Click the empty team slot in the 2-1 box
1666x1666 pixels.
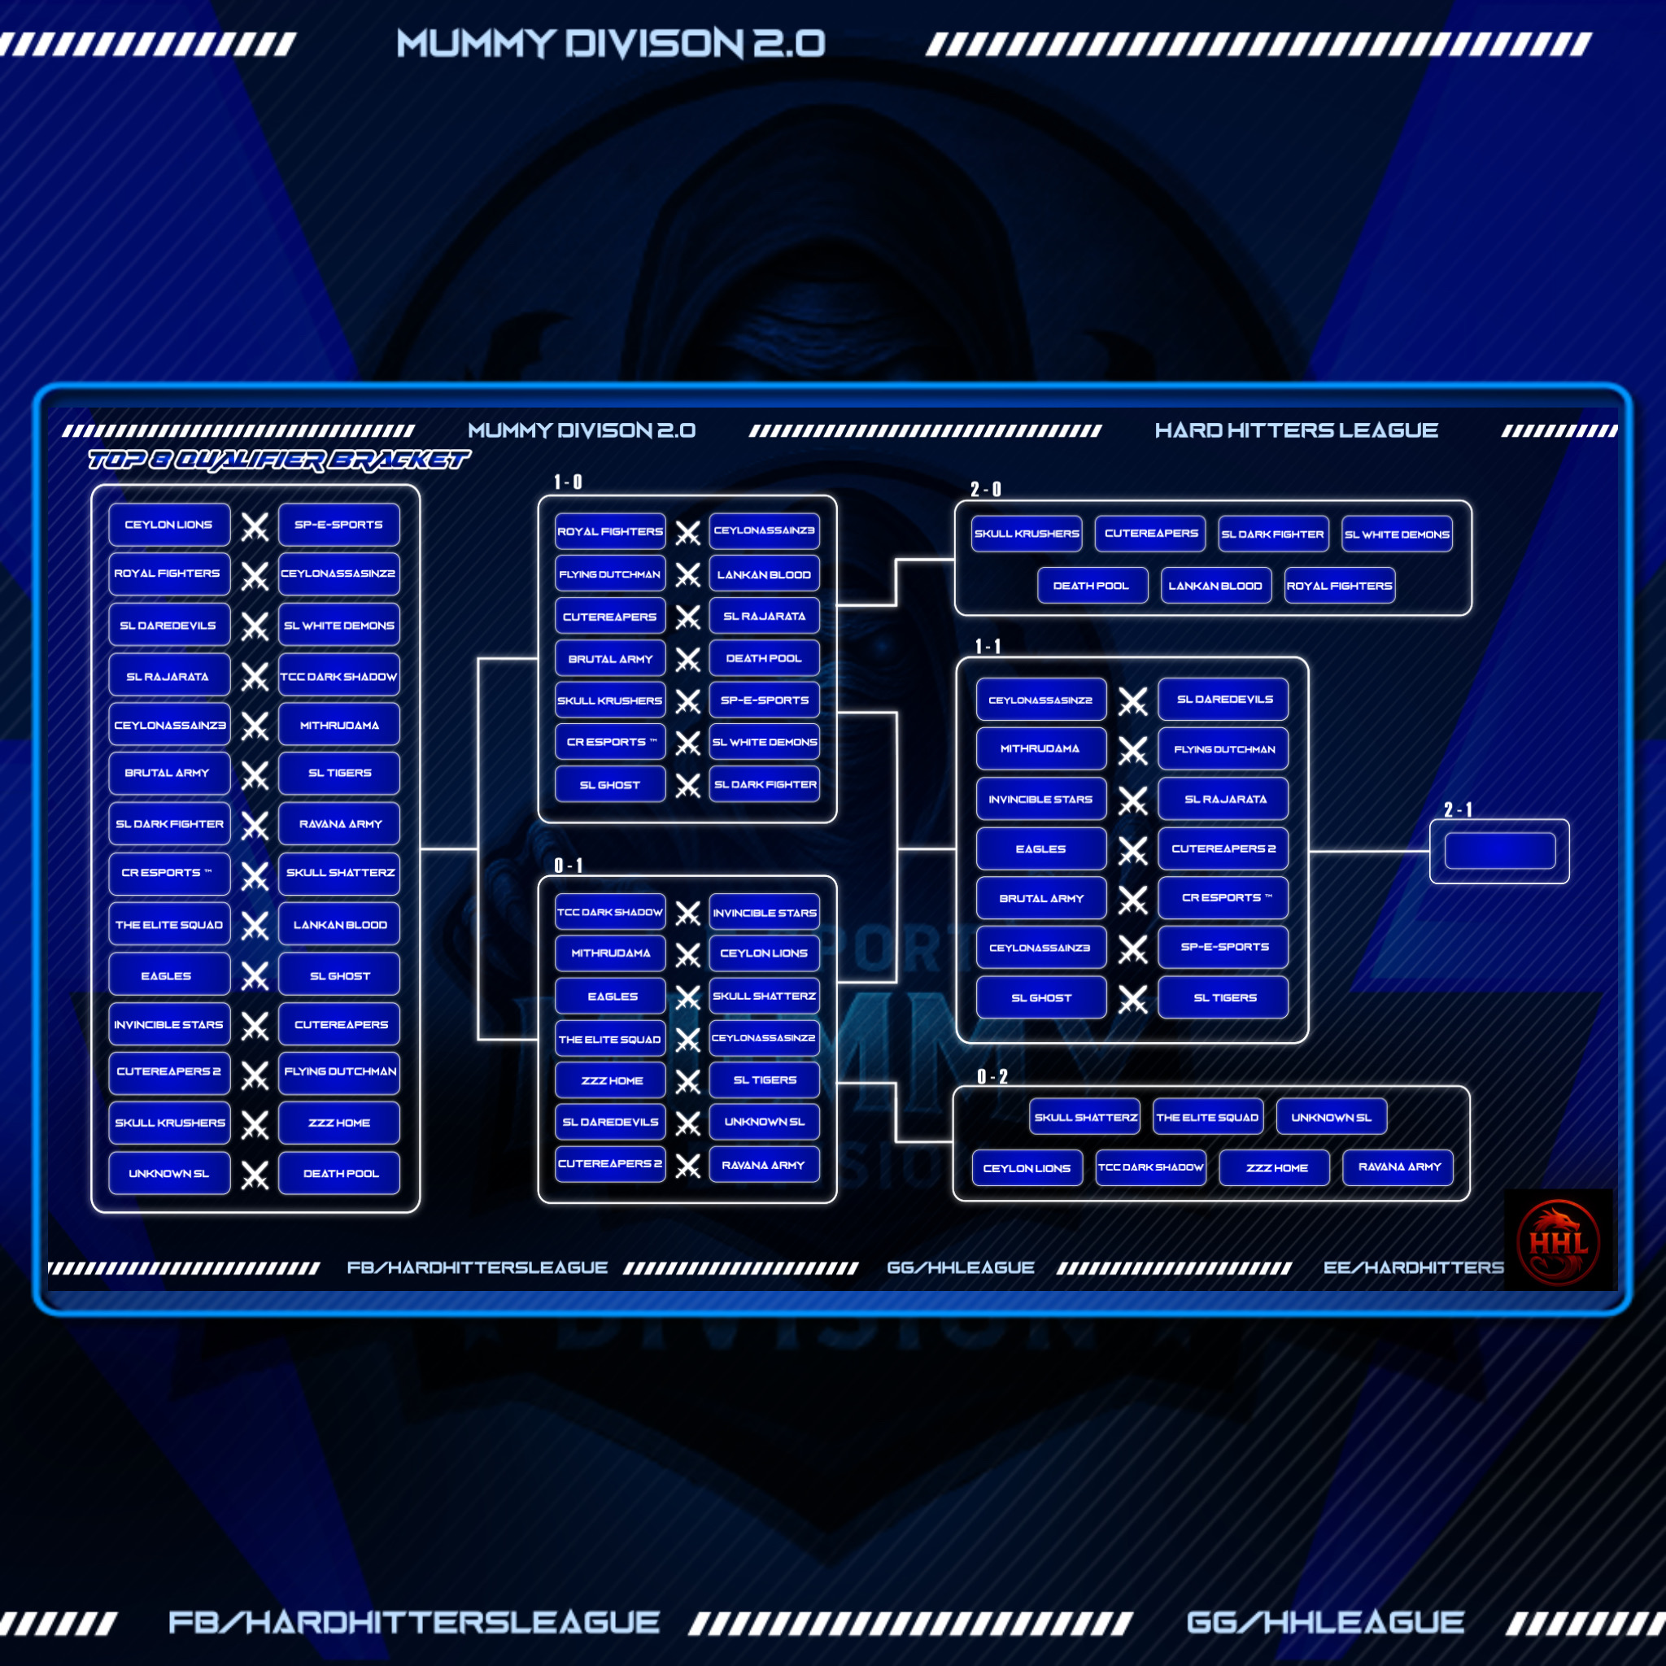[1498, 851]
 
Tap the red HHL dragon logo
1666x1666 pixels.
[1557, 1241]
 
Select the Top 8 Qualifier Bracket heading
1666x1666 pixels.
[278, 460]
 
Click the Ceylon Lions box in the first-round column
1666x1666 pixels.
[169, 525]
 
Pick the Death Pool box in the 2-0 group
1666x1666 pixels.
[1092, 586]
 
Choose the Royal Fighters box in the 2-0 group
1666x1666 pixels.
[1339, 586]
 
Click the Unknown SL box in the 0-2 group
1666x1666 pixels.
[1331, 1117]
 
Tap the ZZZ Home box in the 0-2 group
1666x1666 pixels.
[1276, 1167]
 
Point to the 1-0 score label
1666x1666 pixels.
[568, 482]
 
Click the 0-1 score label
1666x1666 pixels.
[569, 865]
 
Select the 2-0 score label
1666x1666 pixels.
[986, 489]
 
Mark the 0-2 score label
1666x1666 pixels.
[992, 1076]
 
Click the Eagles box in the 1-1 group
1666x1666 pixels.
[1040, 848]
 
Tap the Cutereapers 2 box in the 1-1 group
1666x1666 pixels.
[1223, 848]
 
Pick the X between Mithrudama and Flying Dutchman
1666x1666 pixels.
[1132, 750]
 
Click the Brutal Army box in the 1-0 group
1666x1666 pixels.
[611, 659]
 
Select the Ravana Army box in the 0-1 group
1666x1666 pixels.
[763, 1165]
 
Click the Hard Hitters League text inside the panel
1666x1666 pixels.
[1296, 430]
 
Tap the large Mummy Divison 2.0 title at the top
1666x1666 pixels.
[611, 43]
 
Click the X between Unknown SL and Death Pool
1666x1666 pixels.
[255, 1175]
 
